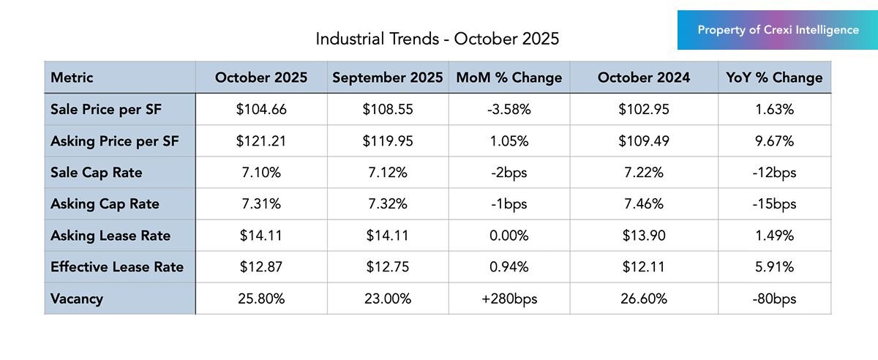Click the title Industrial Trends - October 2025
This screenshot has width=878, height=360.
coord(437,39)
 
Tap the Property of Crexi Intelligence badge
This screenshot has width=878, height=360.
coord(778,30)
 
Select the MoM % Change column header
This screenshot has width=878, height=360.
coord(509,78)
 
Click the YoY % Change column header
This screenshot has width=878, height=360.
coord(774,78)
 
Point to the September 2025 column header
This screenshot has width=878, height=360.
coord(388,78)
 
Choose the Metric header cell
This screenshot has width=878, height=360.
coord(72,78)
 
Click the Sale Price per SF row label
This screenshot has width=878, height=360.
coord(105,110)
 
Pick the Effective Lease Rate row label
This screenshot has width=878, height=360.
coord(116,267)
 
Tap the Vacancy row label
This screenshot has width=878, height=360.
coord(77,299)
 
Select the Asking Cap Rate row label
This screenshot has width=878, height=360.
coord(105,204)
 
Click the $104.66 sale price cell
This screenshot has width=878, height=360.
coord(261,110)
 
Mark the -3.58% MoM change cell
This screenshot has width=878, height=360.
coord(509,110)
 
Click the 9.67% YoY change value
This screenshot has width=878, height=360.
coord(774,141)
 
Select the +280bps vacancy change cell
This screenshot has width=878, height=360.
coord(509,299)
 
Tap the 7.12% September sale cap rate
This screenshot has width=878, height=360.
coord(388,173)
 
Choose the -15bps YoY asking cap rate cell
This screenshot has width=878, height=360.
coord(774,204)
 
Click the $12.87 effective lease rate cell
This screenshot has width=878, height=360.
coord(261,267)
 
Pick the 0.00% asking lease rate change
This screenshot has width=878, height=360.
coord(509,236)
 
